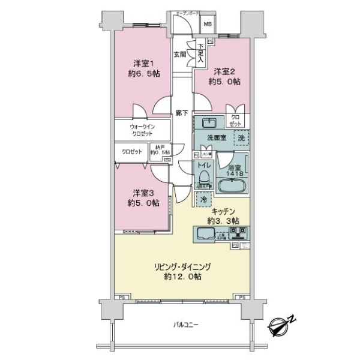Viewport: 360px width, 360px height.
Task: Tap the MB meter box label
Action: tap(208, 24)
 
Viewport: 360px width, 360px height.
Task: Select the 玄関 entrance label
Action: tap(179, 54)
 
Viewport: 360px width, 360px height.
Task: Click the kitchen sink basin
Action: tap(206, 235)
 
